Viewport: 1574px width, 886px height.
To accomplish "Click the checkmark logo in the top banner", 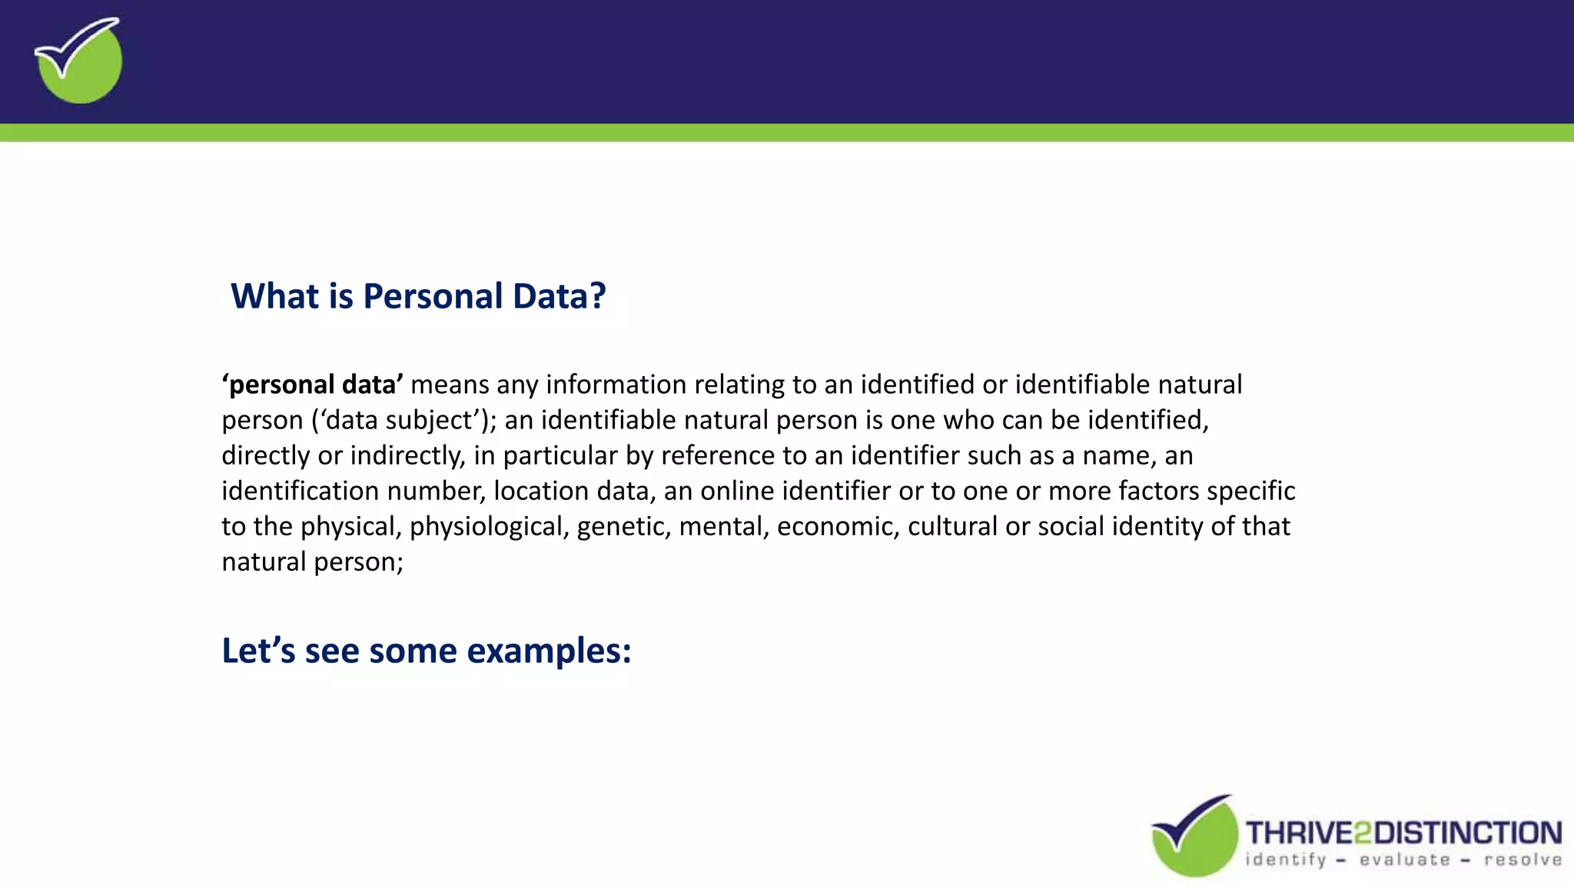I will [x=78, y=61].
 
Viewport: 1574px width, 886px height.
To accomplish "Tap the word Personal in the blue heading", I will [x=433, y=296].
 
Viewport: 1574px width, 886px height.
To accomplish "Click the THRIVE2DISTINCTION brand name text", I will [x=1403, y=833].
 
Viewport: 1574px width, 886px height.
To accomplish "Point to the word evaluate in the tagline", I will [x=1405, y=860].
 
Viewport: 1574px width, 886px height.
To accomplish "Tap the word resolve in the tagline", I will [x=1523, y=860].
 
